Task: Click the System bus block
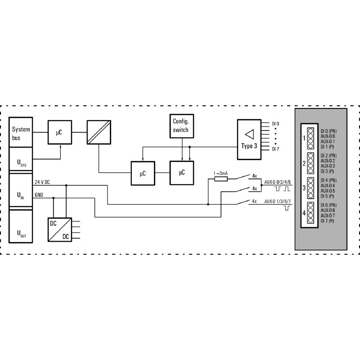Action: pos(21,132)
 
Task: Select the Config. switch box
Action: pos(182,126)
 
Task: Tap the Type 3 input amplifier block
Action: pos(249,139)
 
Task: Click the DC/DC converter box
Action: pos(60,229)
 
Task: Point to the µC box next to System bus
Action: pos(60,132)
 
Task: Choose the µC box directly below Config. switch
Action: pos(182,173)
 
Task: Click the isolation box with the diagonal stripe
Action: pos(99,132)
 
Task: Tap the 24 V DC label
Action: pos(42,182)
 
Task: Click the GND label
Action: pos(39,195)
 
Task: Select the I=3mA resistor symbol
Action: pos(221,179)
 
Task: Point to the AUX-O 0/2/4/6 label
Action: pos(277,182)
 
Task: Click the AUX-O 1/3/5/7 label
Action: pos(277,201)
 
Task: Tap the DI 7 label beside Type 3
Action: pos(275,149)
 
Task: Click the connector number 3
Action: pos(304,188)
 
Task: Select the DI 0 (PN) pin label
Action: pos(328,131)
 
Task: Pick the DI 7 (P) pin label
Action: pos(327,221)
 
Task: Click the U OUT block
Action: pos(21,226)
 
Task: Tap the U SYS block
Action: pos(21,159)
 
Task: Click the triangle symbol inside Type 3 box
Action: pos(250,134)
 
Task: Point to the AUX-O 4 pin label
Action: pos(328,185)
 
